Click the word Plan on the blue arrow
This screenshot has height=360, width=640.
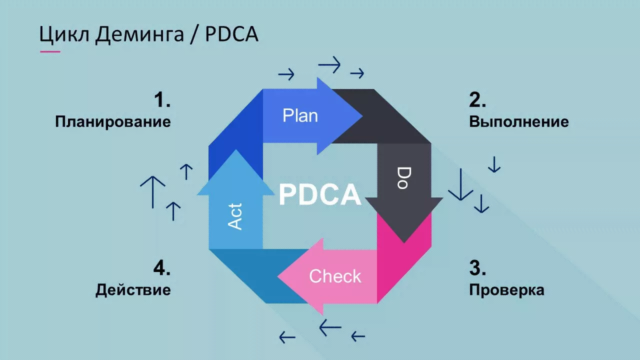point(300,115)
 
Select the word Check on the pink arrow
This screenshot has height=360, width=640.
point(335,276)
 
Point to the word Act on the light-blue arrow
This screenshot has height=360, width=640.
point(235,216)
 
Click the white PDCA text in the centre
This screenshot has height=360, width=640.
point(320,194)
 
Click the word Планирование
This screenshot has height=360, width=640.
point(113,121)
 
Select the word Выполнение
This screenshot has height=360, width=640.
point(518,121)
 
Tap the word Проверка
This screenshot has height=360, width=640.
point(506,289)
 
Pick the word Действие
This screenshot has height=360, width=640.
point(133,289)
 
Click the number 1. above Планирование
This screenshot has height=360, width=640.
point(162,100)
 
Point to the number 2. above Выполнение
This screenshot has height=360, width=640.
point(477,100)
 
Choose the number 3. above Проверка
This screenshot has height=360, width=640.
point(477,268)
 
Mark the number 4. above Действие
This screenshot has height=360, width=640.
point(162,268)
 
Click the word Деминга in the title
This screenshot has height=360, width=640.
point(139,34)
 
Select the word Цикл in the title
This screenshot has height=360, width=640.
point(64,34)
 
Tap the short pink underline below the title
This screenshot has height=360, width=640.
point(49,51)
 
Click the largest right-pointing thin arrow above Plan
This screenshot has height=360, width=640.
point(329,64)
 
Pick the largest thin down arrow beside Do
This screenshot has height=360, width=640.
point(460,185)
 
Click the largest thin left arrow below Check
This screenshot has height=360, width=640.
point(330,327)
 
